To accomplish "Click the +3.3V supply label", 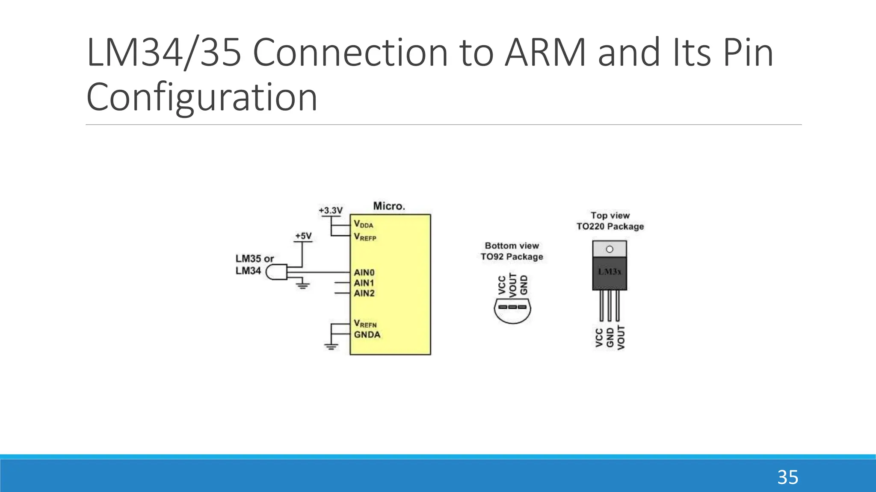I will [331, 211].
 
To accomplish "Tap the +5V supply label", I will [303, 236].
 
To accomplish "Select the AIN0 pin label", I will [364, 272].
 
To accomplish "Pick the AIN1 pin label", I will [364, 283].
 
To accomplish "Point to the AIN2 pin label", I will [364, 293].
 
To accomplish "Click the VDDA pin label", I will [364, 224].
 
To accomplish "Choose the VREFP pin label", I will [365, 237].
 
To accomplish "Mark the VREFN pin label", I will [365, 324].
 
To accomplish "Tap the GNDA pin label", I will [367, 334].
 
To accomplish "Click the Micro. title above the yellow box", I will [389, 206].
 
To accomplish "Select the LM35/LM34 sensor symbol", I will [276, 272].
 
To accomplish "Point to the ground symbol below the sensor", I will [303, 284].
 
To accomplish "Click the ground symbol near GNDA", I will [331, 346].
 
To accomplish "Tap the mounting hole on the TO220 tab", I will [610, 249].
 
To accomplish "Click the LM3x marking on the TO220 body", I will [610, 272].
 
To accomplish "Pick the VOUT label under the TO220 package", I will [621, 337].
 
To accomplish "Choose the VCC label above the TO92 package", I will [503, 285].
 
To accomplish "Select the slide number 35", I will [787, 477].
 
